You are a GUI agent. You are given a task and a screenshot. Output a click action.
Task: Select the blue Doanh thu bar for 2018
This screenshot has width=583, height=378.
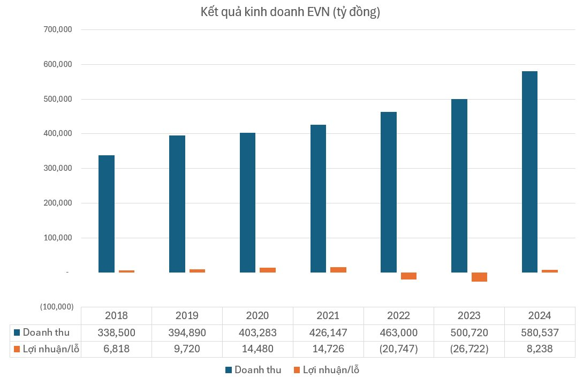click(x=107, y=214)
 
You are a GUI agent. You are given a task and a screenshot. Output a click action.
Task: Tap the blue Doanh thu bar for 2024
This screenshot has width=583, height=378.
click(x=529, y=171)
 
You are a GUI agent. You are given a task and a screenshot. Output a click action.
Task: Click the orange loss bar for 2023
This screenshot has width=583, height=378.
click(x=479, y=277)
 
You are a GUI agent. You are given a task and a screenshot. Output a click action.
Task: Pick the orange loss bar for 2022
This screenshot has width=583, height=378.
click(x=408, y=276)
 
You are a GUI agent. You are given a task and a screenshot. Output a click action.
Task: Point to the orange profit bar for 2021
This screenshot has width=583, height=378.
click(x=338, y=270)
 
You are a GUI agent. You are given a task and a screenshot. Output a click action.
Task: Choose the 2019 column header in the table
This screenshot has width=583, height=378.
click(x=187, y=316)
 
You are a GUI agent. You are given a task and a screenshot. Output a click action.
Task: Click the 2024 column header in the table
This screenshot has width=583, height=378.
click(x=540, y=316)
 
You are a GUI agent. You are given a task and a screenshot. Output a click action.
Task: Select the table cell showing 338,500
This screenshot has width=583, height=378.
click(x=116, y=333)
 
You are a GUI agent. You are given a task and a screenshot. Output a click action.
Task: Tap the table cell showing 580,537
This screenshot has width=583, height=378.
click(x=540, y=333)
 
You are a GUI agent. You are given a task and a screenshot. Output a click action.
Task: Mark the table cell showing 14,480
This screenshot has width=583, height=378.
click(x=258, y=349)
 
